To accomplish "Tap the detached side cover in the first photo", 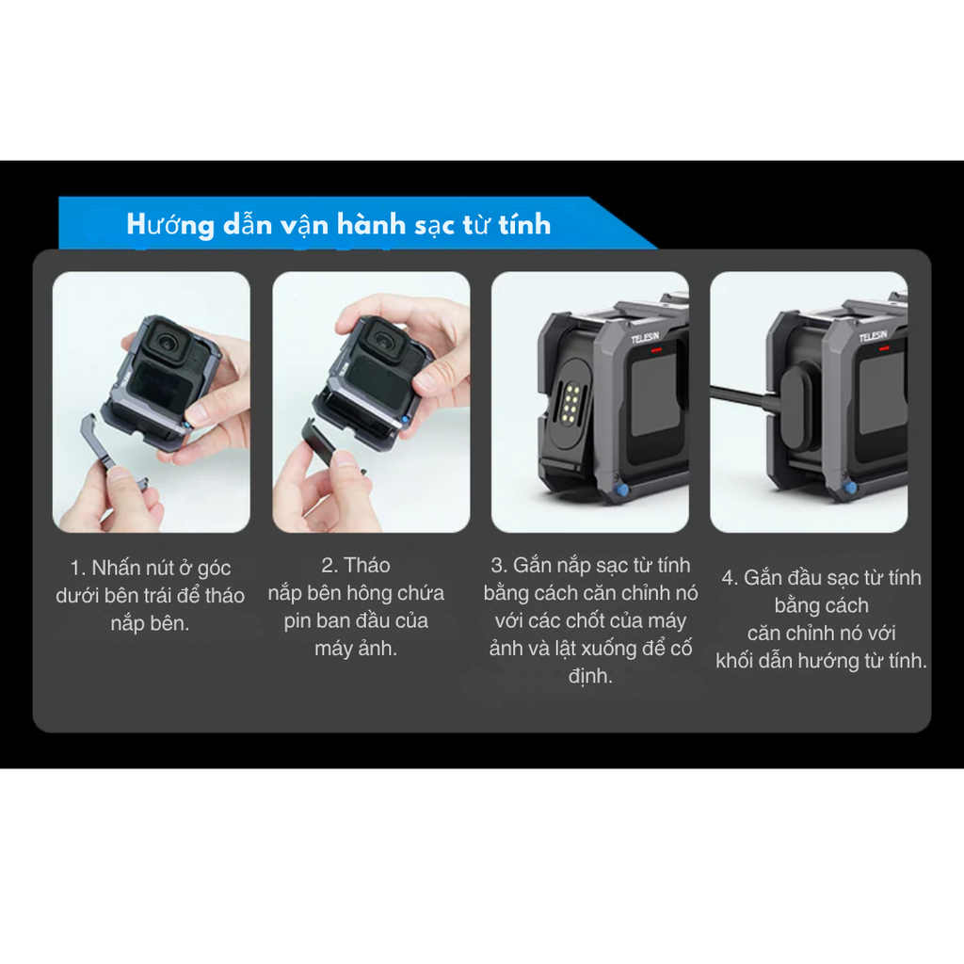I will (113, 452).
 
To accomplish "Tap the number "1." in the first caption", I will (79, 569).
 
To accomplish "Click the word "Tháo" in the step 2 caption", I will (367, 566).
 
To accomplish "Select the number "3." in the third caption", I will (499, 566).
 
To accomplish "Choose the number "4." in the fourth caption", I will (731, 578).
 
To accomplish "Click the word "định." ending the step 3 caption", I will (590, 676).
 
